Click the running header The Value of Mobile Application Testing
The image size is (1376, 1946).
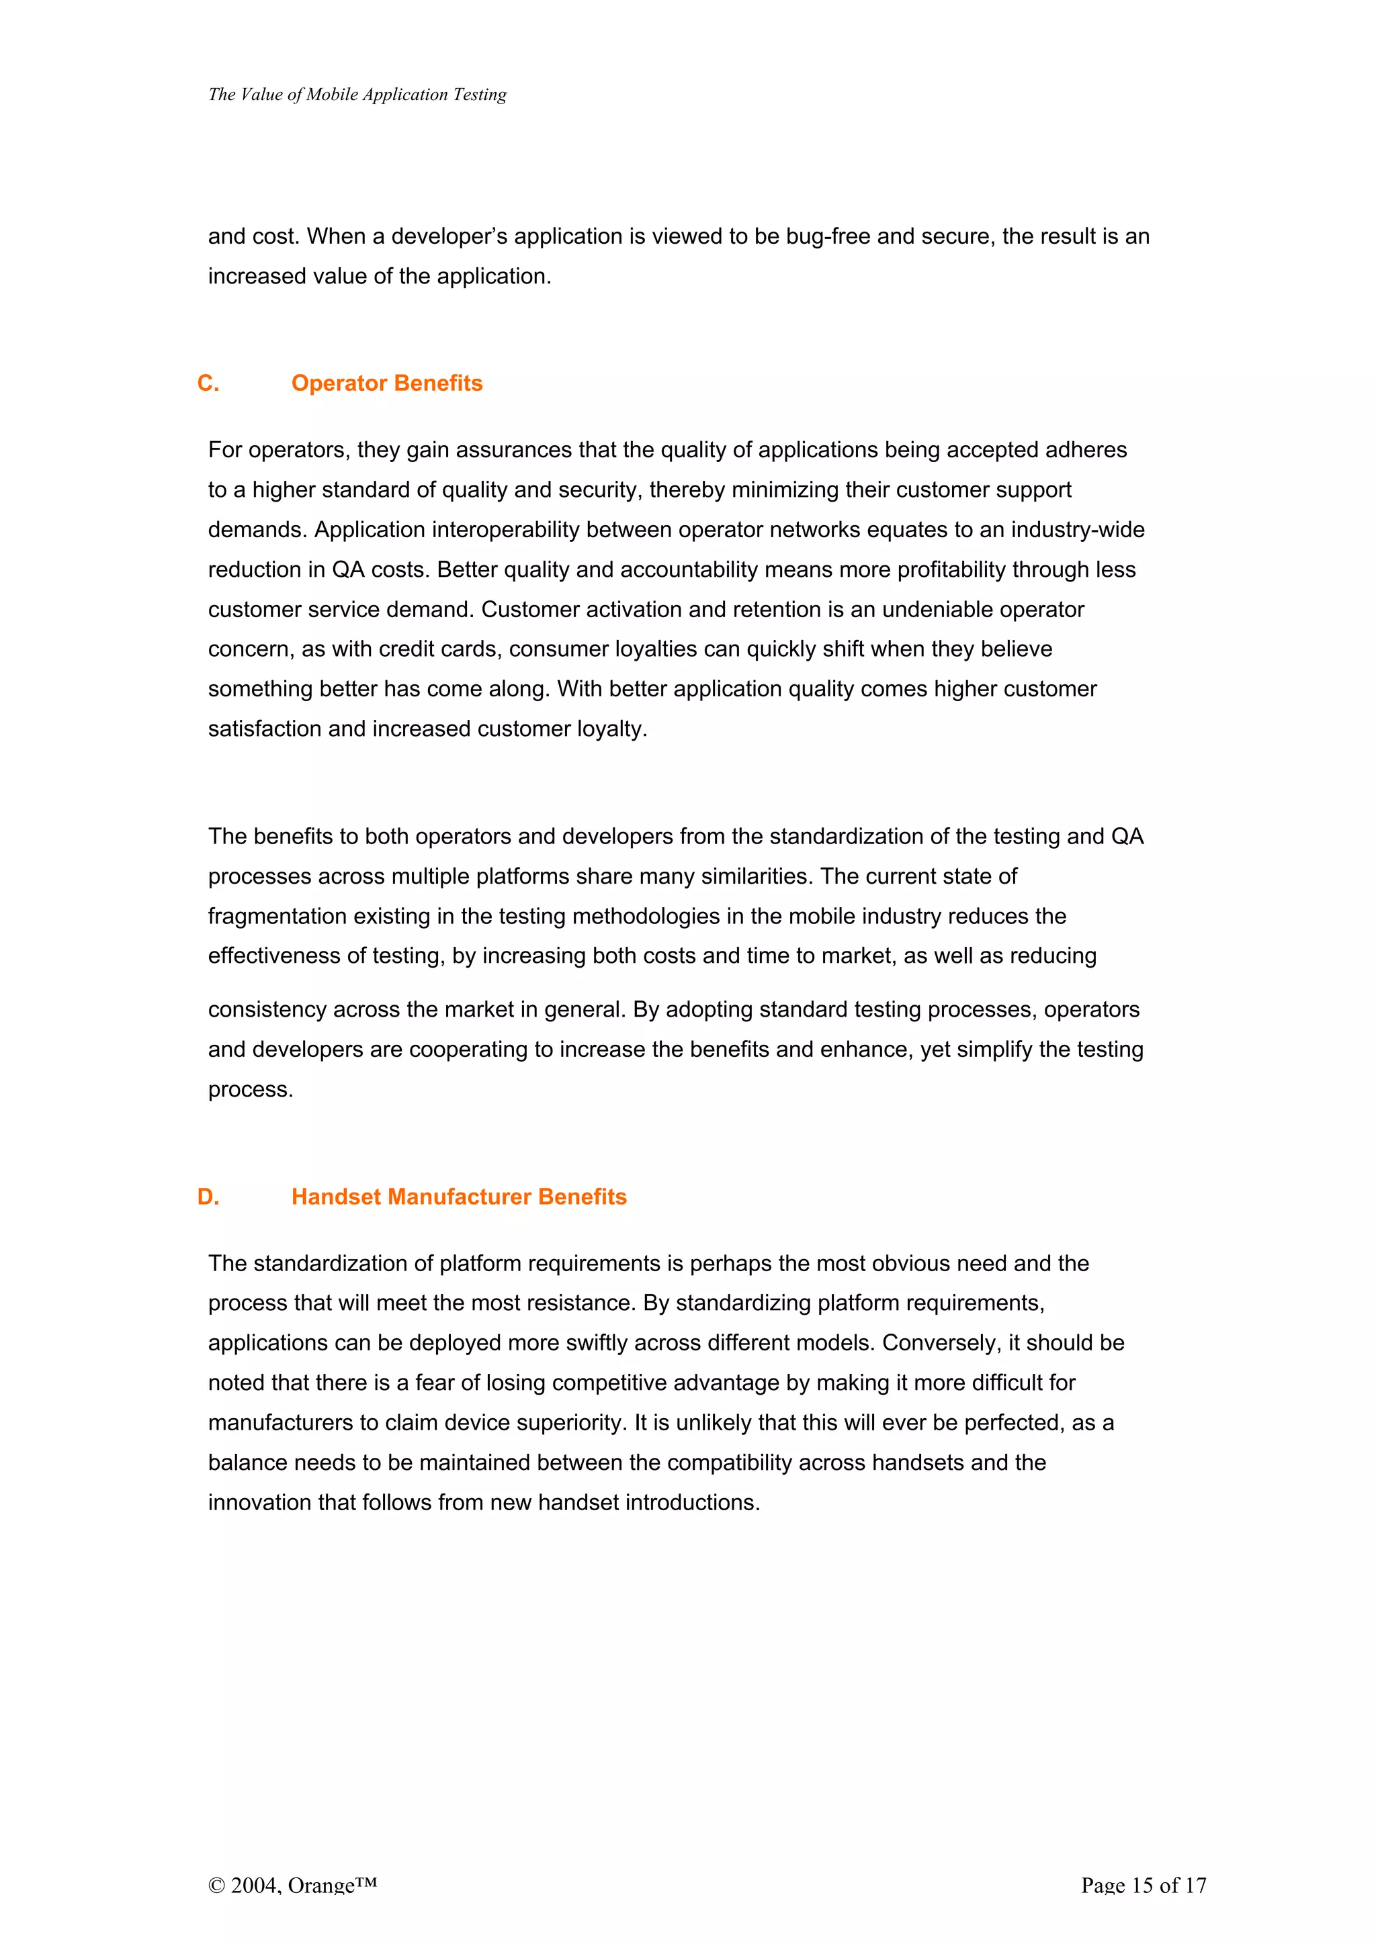point(357,94)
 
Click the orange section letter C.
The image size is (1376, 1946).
point(208,383)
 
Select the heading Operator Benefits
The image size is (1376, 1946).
point(386,383)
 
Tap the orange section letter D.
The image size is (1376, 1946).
point(208,1197)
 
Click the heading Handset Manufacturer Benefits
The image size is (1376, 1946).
point(459,1197)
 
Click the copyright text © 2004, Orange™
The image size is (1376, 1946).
point(292,1885)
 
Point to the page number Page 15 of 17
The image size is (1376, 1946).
point(1143,1885)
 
